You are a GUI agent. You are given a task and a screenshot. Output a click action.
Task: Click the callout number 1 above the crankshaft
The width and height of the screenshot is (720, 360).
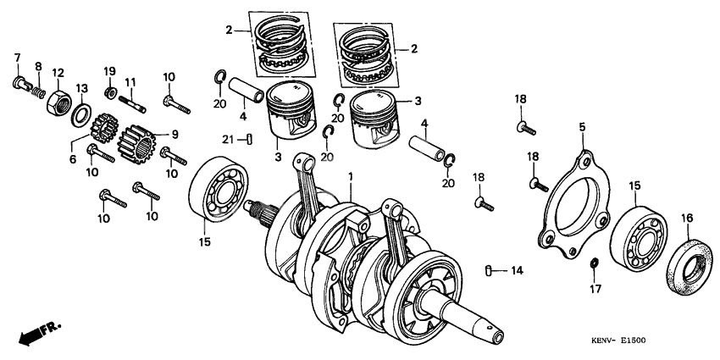[x=351, y=175]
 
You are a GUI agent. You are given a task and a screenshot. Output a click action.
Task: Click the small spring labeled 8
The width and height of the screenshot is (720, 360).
[x=37, y=86]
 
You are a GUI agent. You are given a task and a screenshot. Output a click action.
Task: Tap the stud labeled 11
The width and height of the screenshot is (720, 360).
[x=136, y=106]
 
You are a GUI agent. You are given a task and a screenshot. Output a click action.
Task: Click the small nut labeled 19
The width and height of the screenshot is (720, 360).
[x=110, y=91]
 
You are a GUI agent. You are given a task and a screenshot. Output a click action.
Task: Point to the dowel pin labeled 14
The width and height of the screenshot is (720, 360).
[x=490, y=270]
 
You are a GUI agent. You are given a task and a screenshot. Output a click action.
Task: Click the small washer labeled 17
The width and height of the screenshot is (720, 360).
[x=594, y=265]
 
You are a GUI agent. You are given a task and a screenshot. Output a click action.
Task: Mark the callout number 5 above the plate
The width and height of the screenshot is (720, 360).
[x=581, y=127]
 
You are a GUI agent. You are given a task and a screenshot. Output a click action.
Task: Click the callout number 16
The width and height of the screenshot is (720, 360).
[x=686, y=218]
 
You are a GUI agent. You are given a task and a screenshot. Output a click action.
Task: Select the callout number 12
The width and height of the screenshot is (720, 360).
[x=58, y=71]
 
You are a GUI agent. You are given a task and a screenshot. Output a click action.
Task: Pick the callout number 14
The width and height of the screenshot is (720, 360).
[x=516, y=271]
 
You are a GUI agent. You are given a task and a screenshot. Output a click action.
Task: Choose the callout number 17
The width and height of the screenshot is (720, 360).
[x=594, y=289]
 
